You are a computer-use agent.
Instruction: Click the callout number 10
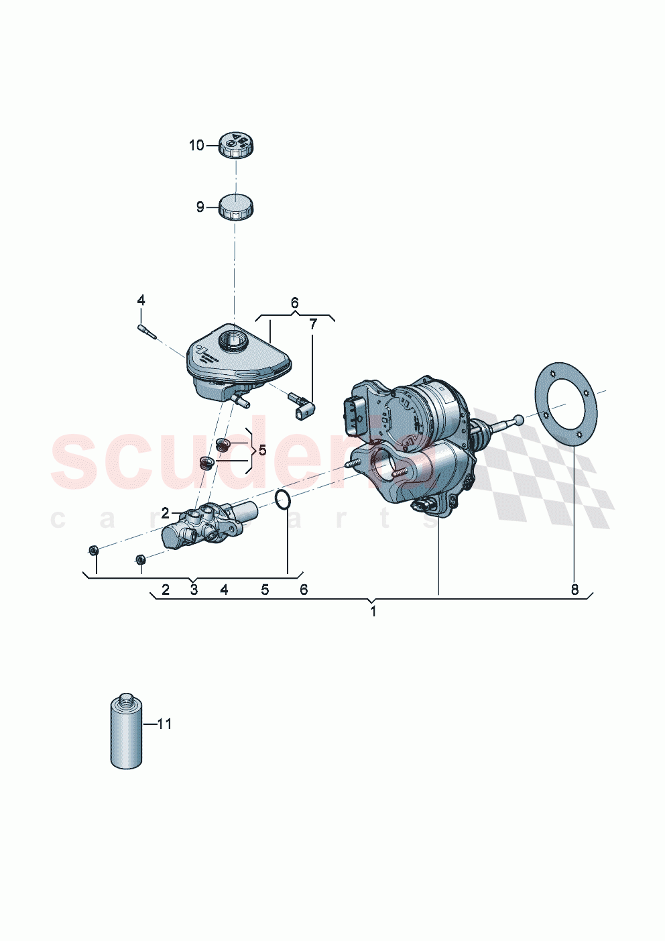point(196,146)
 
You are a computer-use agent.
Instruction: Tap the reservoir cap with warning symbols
point(237,145)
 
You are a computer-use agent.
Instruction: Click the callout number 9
point(200,207)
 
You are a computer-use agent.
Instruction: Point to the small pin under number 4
point(146,331)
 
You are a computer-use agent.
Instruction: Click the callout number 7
point(313,325)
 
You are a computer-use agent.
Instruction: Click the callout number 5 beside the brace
point(262,450)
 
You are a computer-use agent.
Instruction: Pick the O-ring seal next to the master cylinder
point(284,499)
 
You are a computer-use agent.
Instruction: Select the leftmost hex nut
point(95,551)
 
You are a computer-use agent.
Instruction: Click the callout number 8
point(575,590)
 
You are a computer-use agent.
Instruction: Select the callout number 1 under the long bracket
point(373,612)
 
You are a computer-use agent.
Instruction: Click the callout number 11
point(164,724)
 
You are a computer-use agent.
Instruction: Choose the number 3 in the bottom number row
point(194,590)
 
